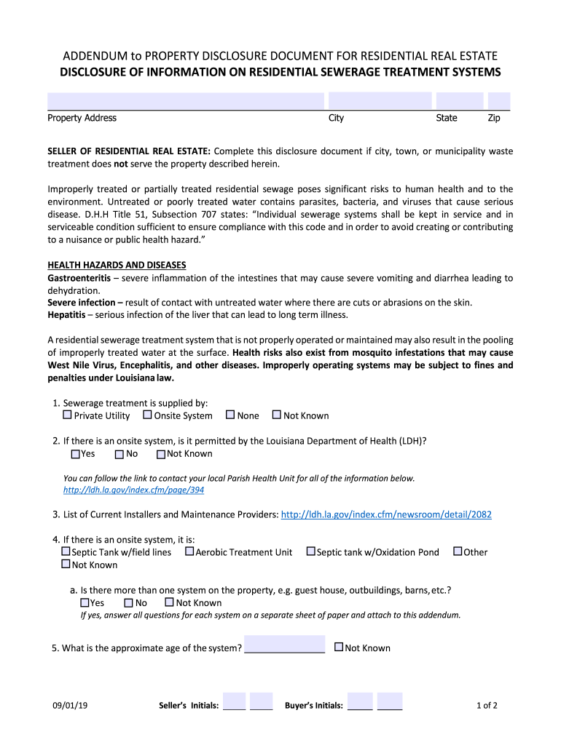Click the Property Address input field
point(185,101)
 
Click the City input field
point(379,101)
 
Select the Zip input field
point(498,101)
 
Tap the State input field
point(459,101)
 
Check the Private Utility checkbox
point(67,415)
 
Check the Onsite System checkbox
point(147,415)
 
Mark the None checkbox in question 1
point(230,415)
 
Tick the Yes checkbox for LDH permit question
point(75,454)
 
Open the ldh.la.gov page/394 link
point(133,490)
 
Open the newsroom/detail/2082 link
point(386,514)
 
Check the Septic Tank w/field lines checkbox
point(66,552)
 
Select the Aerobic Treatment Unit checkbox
point(189,552)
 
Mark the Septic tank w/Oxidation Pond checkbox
point(311,552)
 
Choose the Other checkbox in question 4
point(458,552)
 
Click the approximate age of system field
point(284,645)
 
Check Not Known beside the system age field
point(338,647)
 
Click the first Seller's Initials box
point(234,701)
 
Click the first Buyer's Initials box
point(360,701)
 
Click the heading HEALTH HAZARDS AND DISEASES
point(117,265)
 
